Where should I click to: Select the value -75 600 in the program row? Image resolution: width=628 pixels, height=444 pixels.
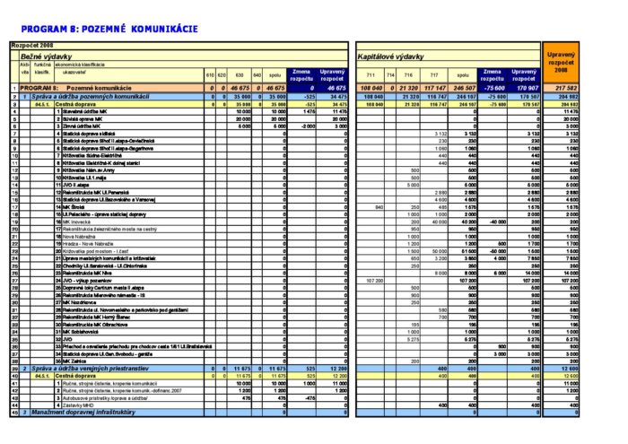(x=494, y=88)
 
